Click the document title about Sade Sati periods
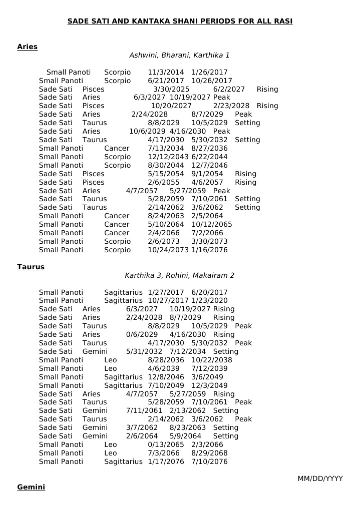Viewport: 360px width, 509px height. pyautogui.click(x=180, y=21)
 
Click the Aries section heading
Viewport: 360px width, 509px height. pyautogui.click(x=27, y=47)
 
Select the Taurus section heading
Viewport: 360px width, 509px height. pyautogui.click(x=31, y=267)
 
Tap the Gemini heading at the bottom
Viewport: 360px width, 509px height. pyautogui.click(x=31, y=487)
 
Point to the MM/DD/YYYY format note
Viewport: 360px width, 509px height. pyautogui.click(x=320, y=479)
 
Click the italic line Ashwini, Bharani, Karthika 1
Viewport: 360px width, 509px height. pyautogui.click(x=179, y=55)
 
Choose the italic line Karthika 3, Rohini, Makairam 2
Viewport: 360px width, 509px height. pyautogui.click(x=179, y=275)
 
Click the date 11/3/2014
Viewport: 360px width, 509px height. pyautogui.click(x=166, y=72)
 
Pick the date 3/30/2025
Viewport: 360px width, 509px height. pyautogui.click(x=168, y=89)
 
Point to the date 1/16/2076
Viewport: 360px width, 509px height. pyautogui.click(x=209, y=250)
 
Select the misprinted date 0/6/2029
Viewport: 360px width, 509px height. pyautogui.click(x=142, y=334)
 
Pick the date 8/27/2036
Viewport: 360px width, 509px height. pyautogui.click(x=209, y=148)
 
